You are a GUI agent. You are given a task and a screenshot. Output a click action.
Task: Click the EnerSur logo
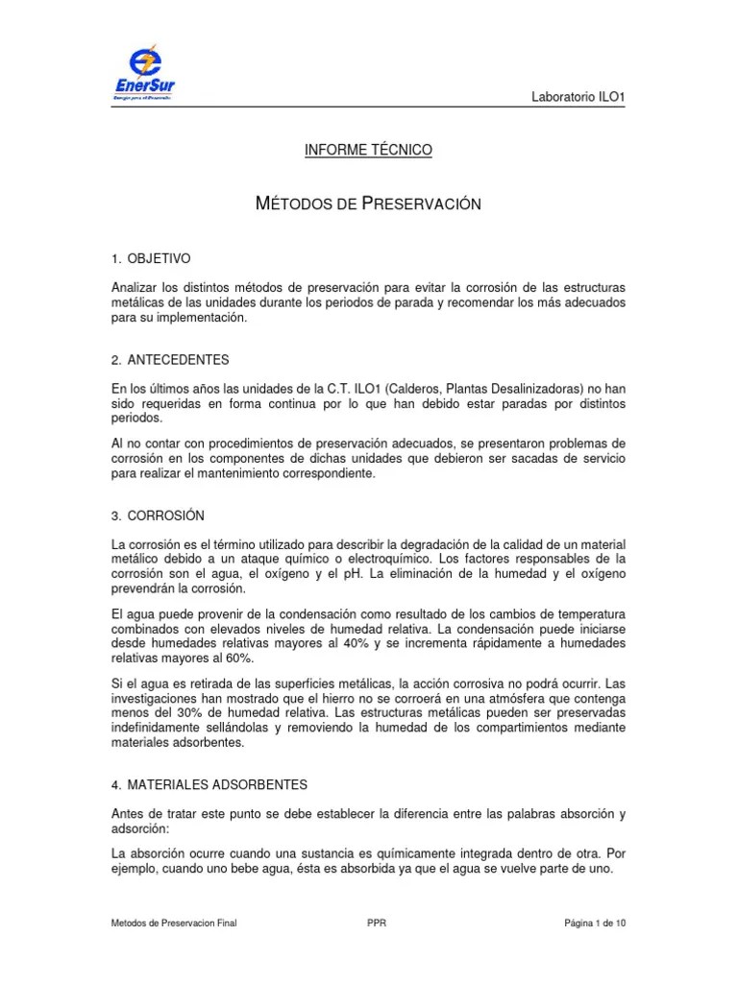(x=143, y=75)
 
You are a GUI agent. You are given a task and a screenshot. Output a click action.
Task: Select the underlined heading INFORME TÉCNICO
(x=368, y=151)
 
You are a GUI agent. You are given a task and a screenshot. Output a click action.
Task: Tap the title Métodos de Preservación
(x=368, y=204)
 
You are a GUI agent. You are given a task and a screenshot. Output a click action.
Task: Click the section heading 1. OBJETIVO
(x=152, y=259)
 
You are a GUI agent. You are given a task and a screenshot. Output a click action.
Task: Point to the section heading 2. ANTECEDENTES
(x=170, y=360)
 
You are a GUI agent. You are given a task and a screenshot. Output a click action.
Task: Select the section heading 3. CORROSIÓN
(x=158, y=516)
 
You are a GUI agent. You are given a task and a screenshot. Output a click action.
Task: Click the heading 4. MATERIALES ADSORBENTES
(x=209, y=785)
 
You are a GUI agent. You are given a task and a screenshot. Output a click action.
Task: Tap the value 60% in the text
(x=237, y=659)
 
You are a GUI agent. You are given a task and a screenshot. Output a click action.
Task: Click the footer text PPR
(x=377, y=923)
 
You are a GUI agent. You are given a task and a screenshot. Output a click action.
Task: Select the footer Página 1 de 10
(x=594, y=923)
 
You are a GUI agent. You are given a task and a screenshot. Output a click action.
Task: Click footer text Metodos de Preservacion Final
(x=174, y=923)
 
